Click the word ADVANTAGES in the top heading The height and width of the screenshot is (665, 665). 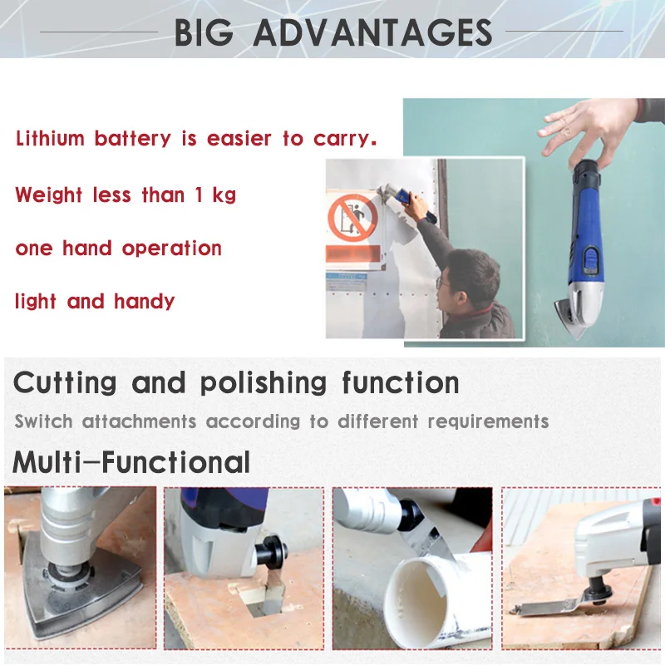(372, 33)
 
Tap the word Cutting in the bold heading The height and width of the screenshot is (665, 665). (65, 383)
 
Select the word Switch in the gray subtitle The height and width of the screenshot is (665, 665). (43, 421)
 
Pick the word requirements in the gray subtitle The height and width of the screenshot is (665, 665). (488, 421)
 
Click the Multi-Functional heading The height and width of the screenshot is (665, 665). (131, 461)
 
